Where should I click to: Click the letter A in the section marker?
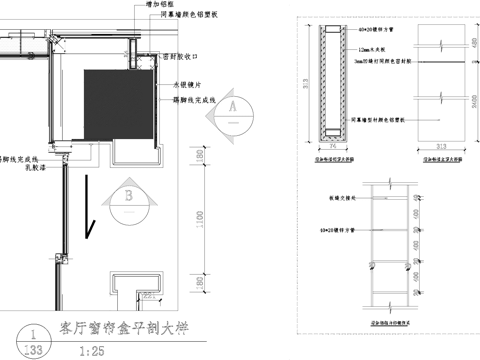[230, 104]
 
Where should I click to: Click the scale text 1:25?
[90, 350]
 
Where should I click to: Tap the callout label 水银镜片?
[187, 85]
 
